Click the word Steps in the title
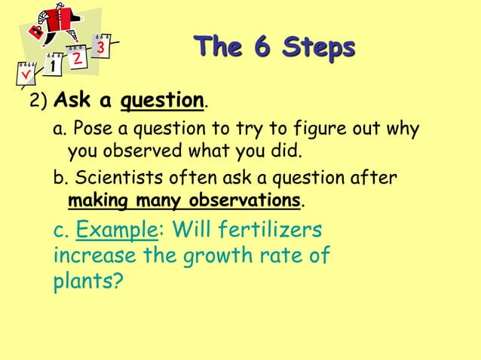point(317,48)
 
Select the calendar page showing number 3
point(103,47)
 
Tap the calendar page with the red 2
point(76,58)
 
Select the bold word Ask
point(73,100)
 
